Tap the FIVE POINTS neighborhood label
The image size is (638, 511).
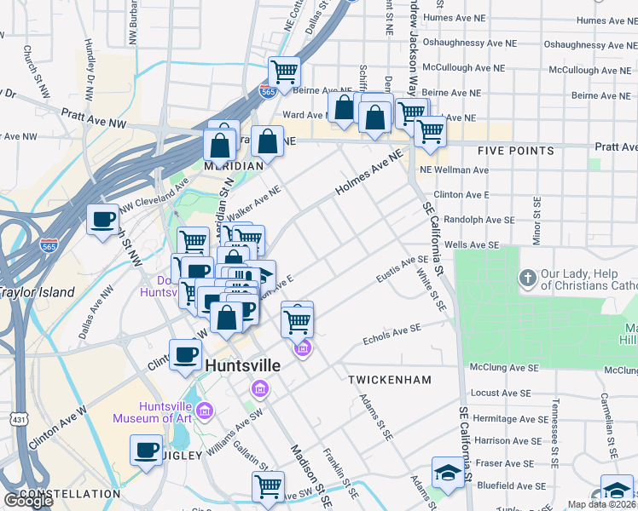(515, 151)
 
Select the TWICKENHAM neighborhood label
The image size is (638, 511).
(390, 379)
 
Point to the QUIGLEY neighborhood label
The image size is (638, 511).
(178, 456)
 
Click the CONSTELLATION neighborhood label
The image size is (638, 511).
(69, 494)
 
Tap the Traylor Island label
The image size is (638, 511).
(37, 292)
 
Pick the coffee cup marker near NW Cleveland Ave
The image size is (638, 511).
(103, 220)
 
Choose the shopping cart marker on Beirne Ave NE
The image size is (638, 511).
(284, 71)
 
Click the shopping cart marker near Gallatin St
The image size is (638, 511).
(268, 486)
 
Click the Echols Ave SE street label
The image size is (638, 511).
(392, 332)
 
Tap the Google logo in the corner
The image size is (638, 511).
(28, 500)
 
